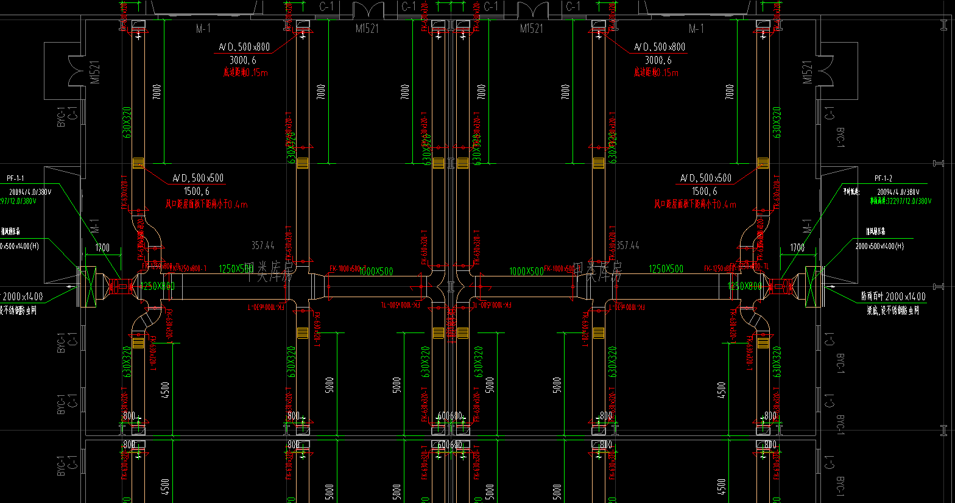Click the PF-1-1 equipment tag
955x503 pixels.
click(15, 178)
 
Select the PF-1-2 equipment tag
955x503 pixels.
click(883, 178)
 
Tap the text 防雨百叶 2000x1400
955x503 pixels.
click(893, 297)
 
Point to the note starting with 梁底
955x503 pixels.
click(893, 311)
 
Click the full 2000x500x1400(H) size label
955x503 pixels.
click(879, 246)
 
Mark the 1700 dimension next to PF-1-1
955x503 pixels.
click(102, 247)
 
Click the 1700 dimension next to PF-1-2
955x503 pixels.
click(797, 247)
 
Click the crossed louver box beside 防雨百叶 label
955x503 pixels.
click(812, 286)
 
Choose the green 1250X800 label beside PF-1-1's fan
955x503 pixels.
click(157, 286)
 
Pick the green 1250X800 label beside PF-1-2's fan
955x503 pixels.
click(744, 286)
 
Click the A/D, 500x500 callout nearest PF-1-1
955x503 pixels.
click(198, 178)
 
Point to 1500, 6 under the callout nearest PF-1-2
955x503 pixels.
click(705, 191)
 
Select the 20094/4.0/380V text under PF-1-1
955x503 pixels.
click(30, 192)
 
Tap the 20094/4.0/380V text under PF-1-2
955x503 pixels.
click(898, 192)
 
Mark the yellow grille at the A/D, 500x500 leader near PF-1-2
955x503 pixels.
click(763, 163)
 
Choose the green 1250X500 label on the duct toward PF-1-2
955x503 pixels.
click(666, 269)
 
